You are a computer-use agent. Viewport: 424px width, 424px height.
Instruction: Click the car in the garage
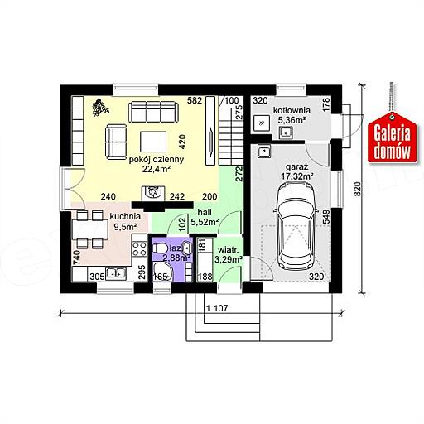296,227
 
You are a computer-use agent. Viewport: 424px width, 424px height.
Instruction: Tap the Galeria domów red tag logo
392,138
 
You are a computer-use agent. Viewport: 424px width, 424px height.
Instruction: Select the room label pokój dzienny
157,160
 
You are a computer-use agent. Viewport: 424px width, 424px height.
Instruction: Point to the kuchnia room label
125,217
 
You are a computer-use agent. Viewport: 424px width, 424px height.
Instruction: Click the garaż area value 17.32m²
297,176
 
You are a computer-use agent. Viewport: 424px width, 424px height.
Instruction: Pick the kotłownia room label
291,110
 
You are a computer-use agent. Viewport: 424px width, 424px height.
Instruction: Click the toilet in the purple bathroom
160,248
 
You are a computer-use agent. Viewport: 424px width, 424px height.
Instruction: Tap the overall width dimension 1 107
217,308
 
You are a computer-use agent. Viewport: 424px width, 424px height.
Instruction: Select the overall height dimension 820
357,189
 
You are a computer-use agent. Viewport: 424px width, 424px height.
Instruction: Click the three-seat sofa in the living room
153,112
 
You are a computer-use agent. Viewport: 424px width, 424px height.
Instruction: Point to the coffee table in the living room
153,142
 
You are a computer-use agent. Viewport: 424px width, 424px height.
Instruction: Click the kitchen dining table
89,229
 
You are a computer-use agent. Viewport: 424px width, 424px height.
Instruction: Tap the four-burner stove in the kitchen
139,248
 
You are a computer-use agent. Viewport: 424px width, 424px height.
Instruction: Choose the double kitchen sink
116,273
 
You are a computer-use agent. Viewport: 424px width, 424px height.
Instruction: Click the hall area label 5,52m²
205,221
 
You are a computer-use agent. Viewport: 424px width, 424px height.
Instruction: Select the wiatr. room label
228,250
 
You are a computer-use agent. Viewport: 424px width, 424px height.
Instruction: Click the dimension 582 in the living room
195,100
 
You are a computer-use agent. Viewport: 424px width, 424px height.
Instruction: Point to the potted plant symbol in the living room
100,108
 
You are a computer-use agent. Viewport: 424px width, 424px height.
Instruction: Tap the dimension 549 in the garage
325,217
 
